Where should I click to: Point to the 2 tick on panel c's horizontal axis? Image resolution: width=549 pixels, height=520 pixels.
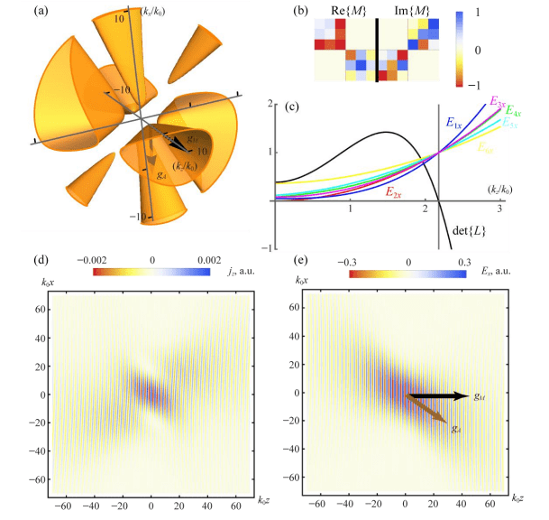[x=425, y=209]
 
